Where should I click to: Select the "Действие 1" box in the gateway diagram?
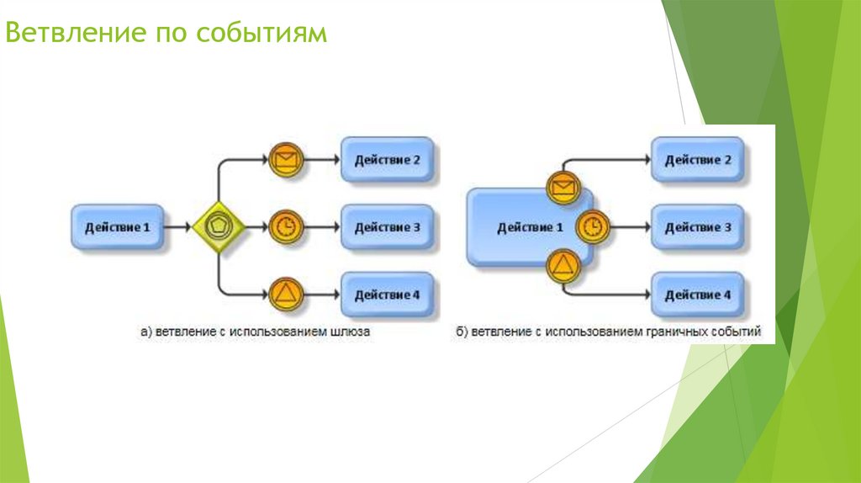[x=116, y=227]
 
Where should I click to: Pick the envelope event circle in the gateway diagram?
[x=286, y=159]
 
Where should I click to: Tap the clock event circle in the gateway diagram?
[x=286, y=227]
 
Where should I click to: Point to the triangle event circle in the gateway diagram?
[x=286, y=294]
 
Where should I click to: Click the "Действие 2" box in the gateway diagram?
[x=387, y=159]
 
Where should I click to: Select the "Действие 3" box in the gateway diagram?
[x=387, y=227]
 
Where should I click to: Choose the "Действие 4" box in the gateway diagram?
[x=387, y=295]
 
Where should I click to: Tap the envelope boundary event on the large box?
[x=562, y=187]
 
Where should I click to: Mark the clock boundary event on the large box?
[x=594, y=226]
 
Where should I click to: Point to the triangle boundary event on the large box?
[x=562, y=267]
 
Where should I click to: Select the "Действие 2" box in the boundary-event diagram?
[x=697, y=160]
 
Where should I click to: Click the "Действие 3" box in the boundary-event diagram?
[x=697, y=227]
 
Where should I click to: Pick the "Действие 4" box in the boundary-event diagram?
[x=697, y=295]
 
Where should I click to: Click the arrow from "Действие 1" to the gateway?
[x=177, y=227]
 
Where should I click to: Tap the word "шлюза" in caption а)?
[x=351, y=332]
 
